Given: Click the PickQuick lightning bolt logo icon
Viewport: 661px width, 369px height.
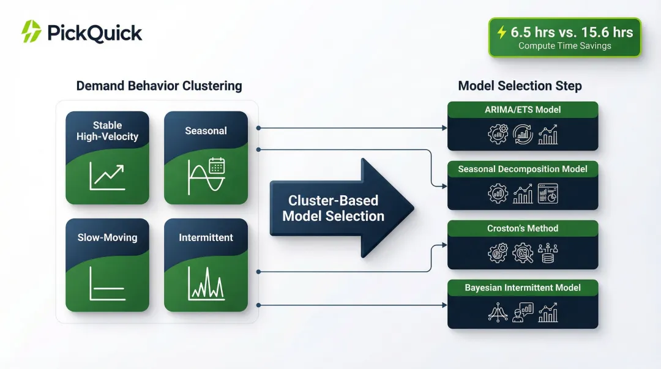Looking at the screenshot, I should (x=31, y=32).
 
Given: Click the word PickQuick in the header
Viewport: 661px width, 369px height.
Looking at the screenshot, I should (x=94, y=32).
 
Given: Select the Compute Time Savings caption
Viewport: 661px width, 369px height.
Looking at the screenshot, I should (x=564, y=46).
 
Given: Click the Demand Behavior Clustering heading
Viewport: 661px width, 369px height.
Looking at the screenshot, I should (x=159, y=86).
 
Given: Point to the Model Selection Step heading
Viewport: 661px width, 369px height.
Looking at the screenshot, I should (x=520, y=86).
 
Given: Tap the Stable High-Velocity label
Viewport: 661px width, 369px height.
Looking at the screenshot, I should (x=107, y=131).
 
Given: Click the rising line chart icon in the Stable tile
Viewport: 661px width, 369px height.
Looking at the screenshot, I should (x=107, y=176).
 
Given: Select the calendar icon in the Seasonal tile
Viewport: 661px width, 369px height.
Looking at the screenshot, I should (x=217, y=165).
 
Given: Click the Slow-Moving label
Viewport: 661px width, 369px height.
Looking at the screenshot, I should (x=107, y=237).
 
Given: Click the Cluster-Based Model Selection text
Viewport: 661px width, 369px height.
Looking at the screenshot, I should (x=333, y=208).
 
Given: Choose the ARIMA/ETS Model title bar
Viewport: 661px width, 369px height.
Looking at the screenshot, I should (x=523, y=110).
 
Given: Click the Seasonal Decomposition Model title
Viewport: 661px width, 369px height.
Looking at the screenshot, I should (x=523, y=169).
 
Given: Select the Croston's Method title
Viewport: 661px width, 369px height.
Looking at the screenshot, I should (x=523, y=228).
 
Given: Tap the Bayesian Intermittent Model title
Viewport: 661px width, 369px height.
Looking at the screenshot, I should (x=523, y=288).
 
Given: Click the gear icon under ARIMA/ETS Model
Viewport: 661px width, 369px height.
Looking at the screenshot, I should (x=498, y=135).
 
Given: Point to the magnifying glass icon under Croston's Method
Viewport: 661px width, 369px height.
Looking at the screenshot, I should (x=523, y=252).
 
